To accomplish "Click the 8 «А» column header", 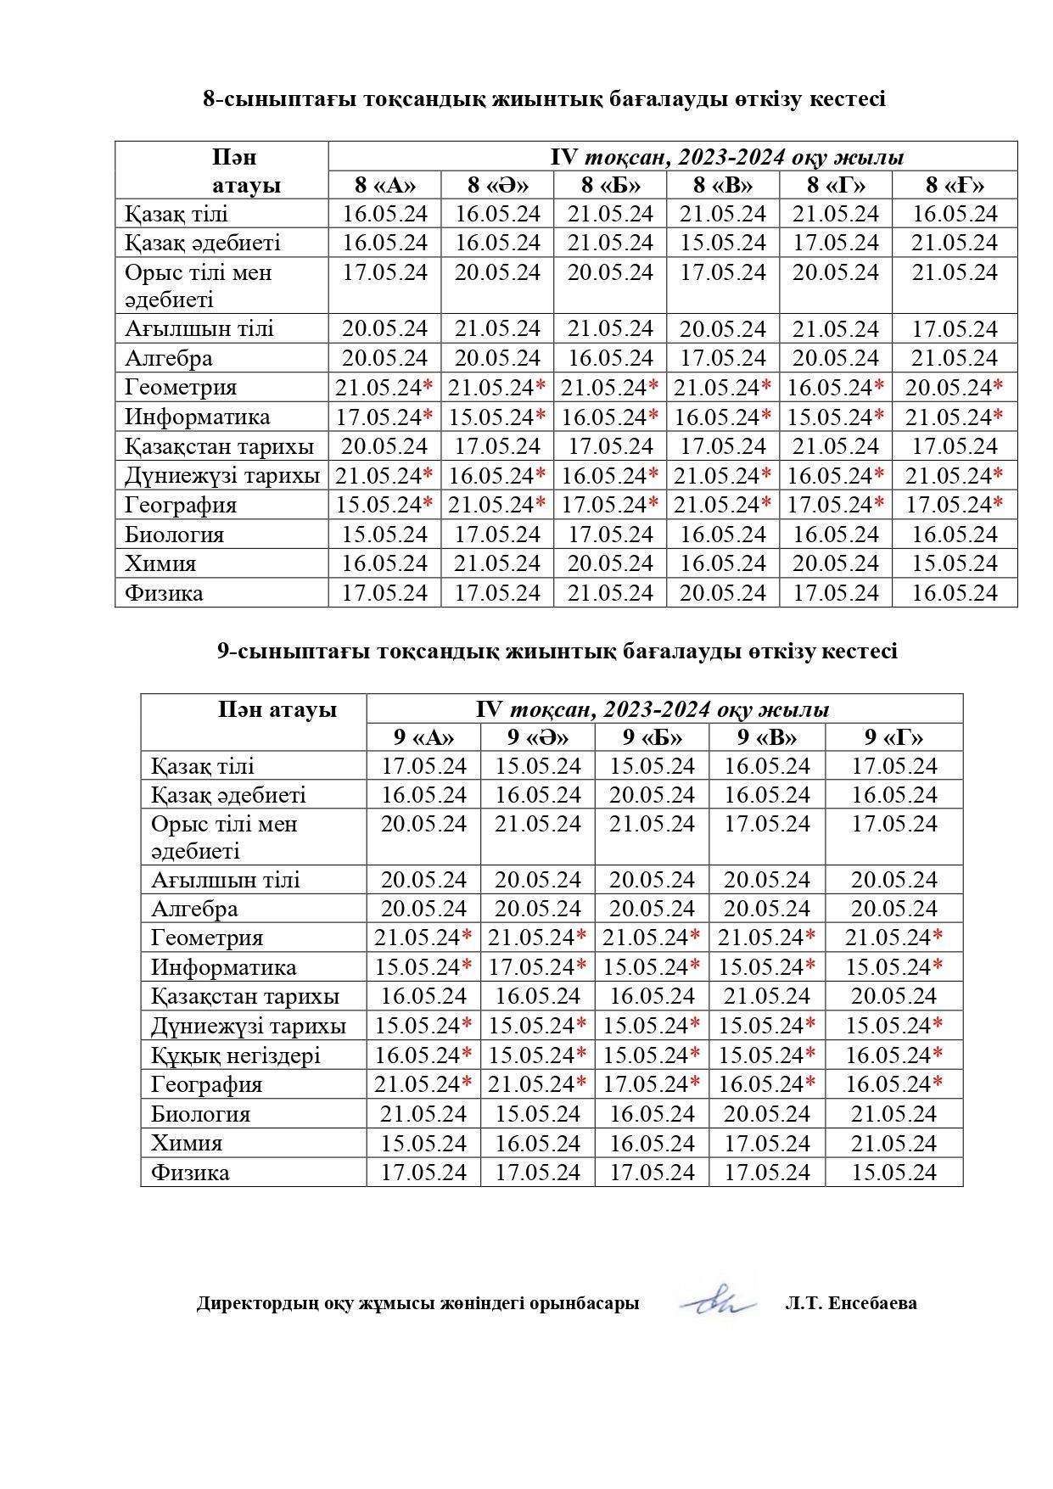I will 384,185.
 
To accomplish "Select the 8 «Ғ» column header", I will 955,185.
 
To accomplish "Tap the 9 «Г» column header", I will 893,736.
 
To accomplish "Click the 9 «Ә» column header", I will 538,736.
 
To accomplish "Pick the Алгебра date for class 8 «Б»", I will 610,358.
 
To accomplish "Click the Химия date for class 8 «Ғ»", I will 955,564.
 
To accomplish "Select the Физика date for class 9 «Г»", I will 893,1173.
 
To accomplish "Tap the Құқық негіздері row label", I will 236,1055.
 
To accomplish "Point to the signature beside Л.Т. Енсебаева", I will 719,1301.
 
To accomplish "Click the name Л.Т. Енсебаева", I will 850,1303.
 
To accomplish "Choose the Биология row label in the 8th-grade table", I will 174,535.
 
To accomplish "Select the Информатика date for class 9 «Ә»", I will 531,967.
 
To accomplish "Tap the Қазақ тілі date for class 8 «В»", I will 723,214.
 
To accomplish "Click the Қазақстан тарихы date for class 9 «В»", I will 767,996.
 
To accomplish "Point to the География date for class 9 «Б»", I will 646,1084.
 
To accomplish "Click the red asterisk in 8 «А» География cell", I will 428,504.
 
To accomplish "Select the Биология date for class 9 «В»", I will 767,1114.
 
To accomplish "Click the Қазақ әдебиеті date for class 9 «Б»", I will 652,795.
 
